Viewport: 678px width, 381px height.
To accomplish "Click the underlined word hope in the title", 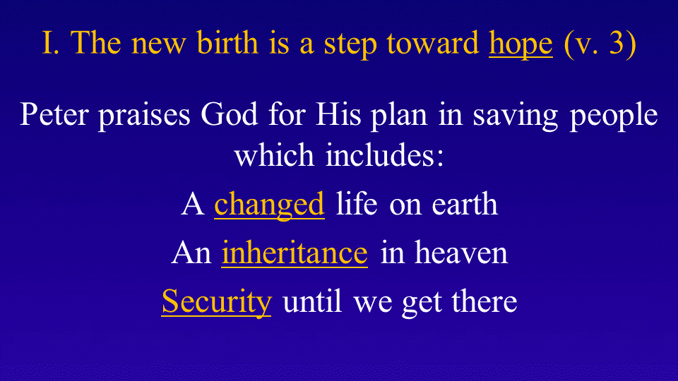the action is coord(521,44).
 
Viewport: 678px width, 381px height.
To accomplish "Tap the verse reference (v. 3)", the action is coord(600,44).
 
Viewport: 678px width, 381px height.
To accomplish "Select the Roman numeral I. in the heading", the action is coord(51,43).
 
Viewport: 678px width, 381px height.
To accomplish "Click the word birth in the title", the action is coord(227,42).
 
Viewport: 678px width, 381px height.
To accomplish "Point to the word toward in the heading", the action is coord(433,43).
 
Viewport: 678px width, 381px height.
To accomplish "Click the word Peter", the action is coord(54,114).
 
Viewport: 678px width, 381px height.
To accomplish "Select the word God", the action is coord(229,114).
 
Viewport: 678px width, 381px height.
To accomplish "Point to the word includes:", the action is coord(385,155).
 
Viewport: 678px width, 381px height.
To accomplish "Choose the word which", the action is coord(274,155).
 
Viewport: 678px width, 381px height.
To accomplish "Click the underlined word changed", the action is coord(269,205).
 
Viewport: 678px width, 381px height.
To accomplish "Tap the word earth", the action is coord(465,204).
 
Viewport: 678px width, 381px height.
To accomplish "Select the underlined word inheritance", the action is coord(295,253).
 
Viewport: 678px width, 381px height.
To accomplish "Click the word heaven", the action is coord(461,253).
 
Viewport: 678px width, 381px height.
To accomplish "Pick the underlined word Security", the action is coord(217,302).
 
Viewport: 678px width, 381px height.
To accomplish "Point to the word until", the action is coord(312,301).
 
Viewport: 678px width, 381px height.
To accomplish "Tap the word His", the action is coord(338,114).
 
